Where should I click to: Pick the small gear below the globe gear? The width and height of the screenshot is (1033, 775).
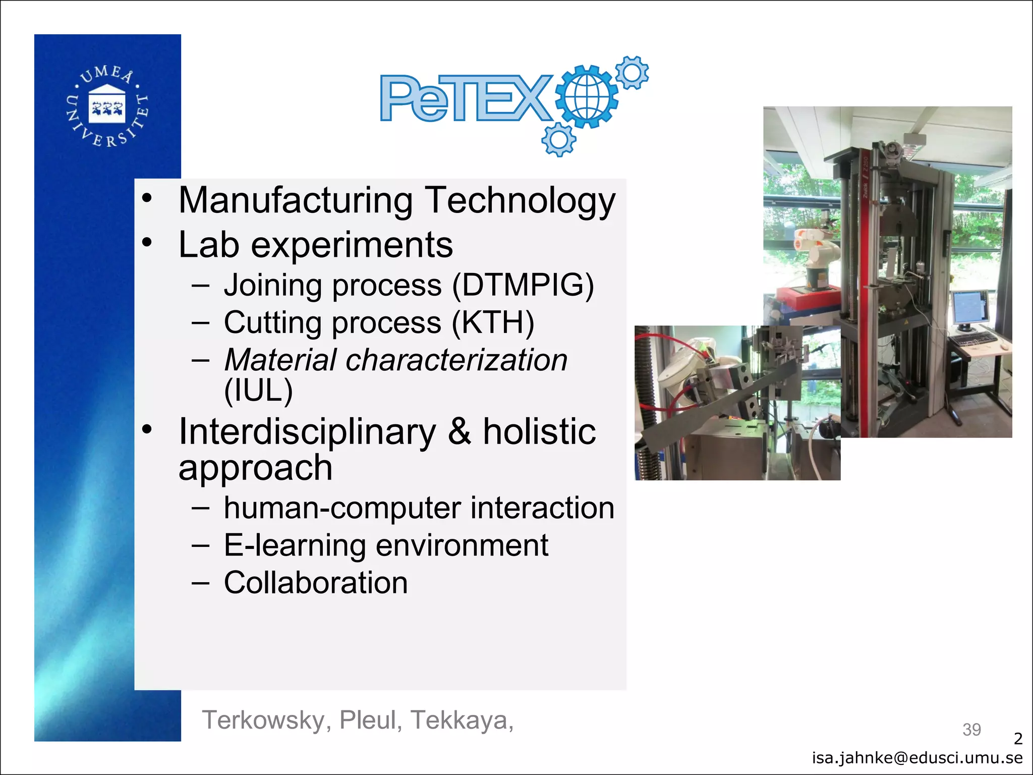(558, 139)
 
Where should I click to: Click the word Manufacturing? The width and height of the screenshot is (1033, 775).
(296, 201)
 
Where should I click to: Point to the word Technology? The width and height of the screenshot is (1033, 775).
(521, 201)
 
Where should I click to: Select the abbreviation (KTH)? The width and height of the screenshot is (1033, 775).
(493, 323)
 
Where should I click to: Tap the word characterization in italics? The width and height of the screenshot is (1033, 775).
(457, 360)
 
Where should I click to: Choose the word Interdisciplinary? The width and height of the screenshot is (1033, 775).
(307, 432)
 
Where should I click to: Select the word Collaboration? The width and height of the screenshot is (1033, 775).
(316, 583)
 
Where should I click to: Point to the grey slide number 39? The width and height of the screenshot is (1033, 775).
(971, 730)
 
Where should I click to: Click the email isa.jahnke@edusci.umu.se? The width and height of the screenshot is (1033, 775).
(917, 758)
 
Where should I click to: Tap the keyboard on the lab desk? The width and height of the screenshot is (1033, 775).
(976, 338)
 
